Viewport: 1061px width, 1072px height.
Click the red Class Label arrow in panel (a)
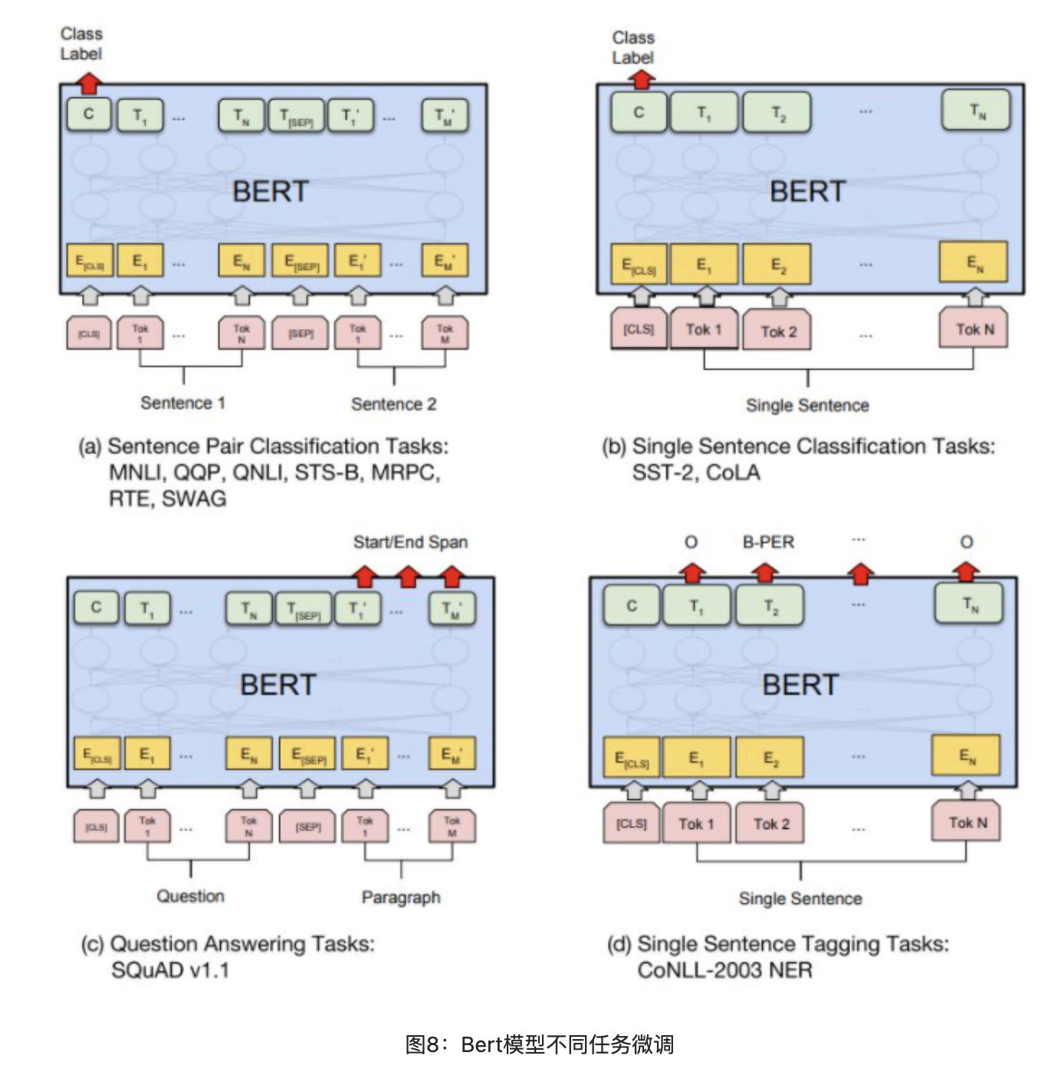point(89,82)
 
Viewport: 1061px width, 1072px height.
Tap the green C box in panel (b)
point(639,113)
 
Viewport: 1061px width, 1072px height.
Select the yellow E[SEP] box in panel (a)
point(301,261)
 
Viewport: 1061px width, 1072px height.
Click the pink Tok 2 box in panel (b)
point(777,331)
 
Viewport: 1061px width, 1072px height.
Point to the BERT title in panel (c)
point(278,684)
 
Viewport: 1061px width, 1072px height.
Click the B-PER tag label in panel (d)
point(768,542)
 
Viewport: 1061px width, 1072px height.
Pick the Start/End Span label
point(410,542)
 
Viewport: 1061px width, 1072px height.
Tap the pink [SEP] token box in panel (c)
point(308,827)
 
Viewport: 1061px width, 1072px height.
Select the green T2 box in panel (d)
point(770,607)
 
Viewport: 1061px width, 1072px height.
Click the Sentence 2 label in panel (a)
point(393,404)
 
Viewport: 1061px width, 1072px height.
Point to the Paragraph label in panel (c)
point(401,897)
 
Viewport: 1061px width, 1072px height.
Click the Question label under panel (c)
point(190,896)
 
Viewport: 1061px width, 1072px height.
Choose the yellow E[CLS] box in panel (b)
point(639,265)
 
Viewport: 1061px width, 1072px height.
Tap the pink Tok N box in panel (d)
point(967,822)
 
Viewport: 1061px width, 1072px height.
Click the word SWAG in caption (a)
point(194,498)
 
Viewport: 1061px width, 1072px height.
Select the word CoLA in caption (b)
point(733,472)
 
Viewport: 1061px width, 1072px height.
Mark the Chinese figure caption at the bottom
point(540,1044)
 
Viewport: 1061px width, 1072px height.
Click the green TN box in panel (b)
point(976,111)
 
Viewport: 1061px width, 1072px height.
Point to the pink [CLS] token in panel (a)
point(89,334)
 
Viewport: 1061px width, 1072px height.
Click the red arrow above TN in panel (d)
point(966,571)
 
